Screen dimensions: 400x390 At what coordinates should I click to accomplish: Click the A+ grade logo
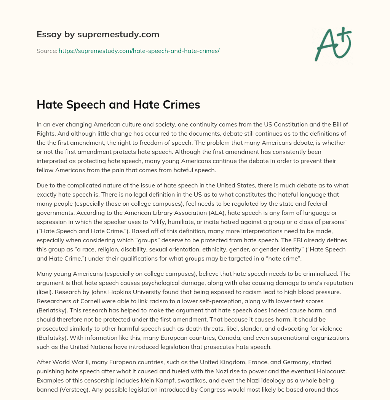coord(333,44)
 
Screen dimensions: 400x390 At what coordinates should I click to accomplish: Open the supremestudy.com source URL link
coord(139,50)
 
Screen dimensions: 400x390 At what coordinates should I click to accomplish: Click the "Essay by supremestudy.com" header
coord(98,35)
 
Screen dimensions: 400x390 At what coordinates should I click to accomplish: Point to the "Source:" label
coord(47,50)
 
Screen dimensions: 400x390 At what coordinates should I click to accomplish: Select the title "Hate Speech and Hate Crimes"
coord(118,105)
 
